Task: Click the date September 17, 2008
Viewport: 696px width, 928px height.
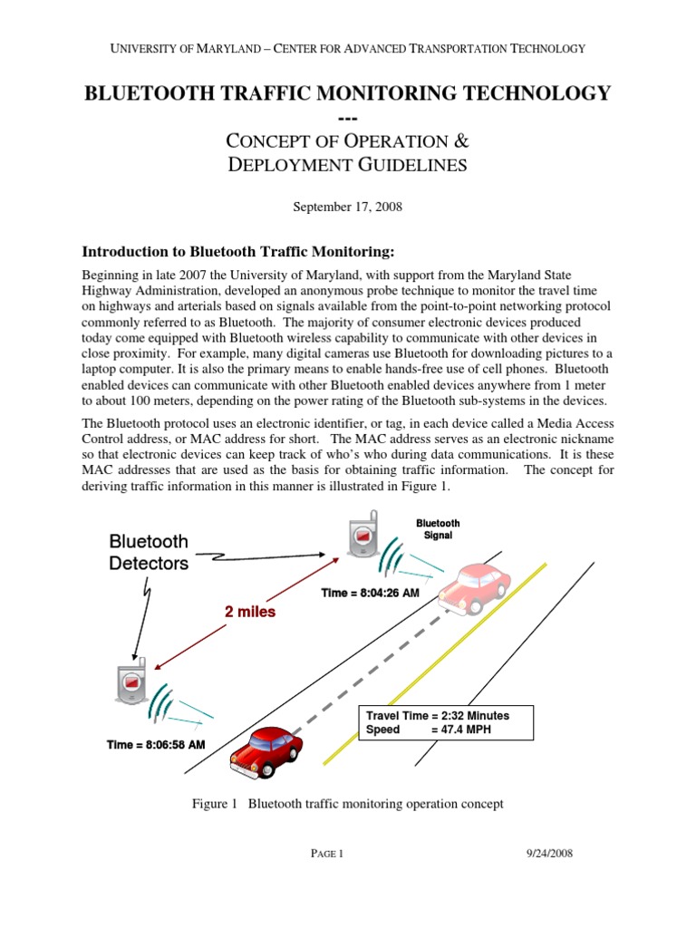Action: pyautogui.click(x=347, y=207)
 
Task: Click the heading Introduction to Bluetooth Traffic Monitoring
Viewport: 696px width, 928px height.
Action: pyautogui.click(x=240, y=251)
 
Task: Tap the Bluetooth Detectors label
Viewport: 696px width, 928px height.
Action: pyautogui.click(x=149, y=552)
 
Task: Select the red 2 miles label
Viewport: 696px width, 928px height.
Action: pyautogui.click(x=249, y=612)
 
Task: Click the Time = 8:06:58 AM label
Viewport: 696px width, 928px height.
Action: pyautogui.click(x=155, y=744)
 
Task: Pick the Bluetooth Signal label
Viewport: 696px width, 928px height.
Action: pyautogui.click(x=438, y=529)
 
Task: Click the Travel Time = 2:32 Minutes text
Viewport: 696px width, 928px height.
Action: pyautogui.click(x=437, y=715)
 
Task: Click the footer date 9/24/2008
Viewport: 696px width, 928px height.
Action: pyautogui.click(x=548, y=853)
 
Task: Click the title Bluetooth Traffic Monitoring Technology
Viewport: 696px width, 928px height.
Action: pyautogui.click(x=347, y=92)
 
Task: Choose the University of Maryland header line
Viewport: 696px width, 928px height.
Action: pyautogui.click(x=347, y=48)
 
